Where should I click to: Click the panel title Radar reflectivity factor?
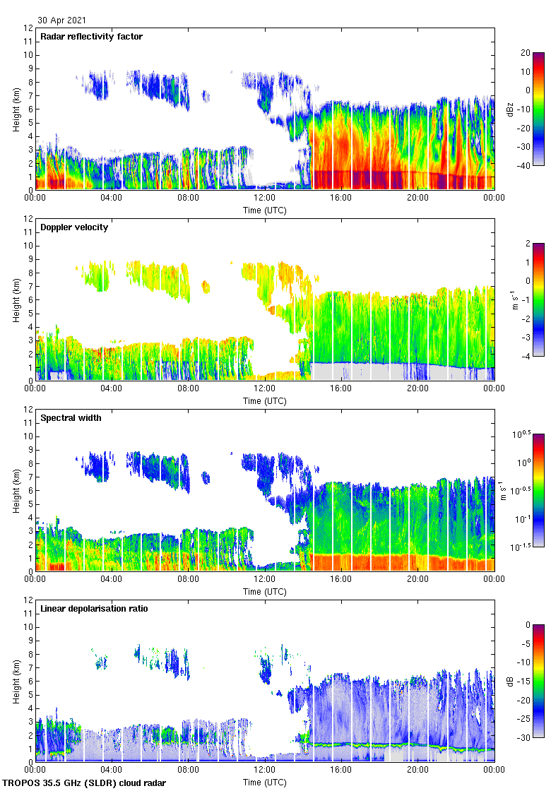pyautogui.click(x=92, y=36)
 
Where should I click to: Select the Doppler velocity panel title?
pyautogui.click(x=74, y=227)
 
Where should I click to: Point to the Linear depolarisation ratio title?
pyautogui.click(x=94, y=608)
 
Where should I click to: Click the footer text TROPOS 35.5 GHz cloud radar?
pyautogui.click(x=85, y=783)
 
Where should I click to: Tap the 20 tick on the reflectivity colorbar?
pyautogui.click(x=526, y=53)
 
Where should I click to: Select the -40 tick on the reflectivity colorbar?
pyautogui.click(x=525, y=166)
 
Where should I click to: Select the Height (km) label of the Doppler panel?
pyautogui.click(x=16, y=299)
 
